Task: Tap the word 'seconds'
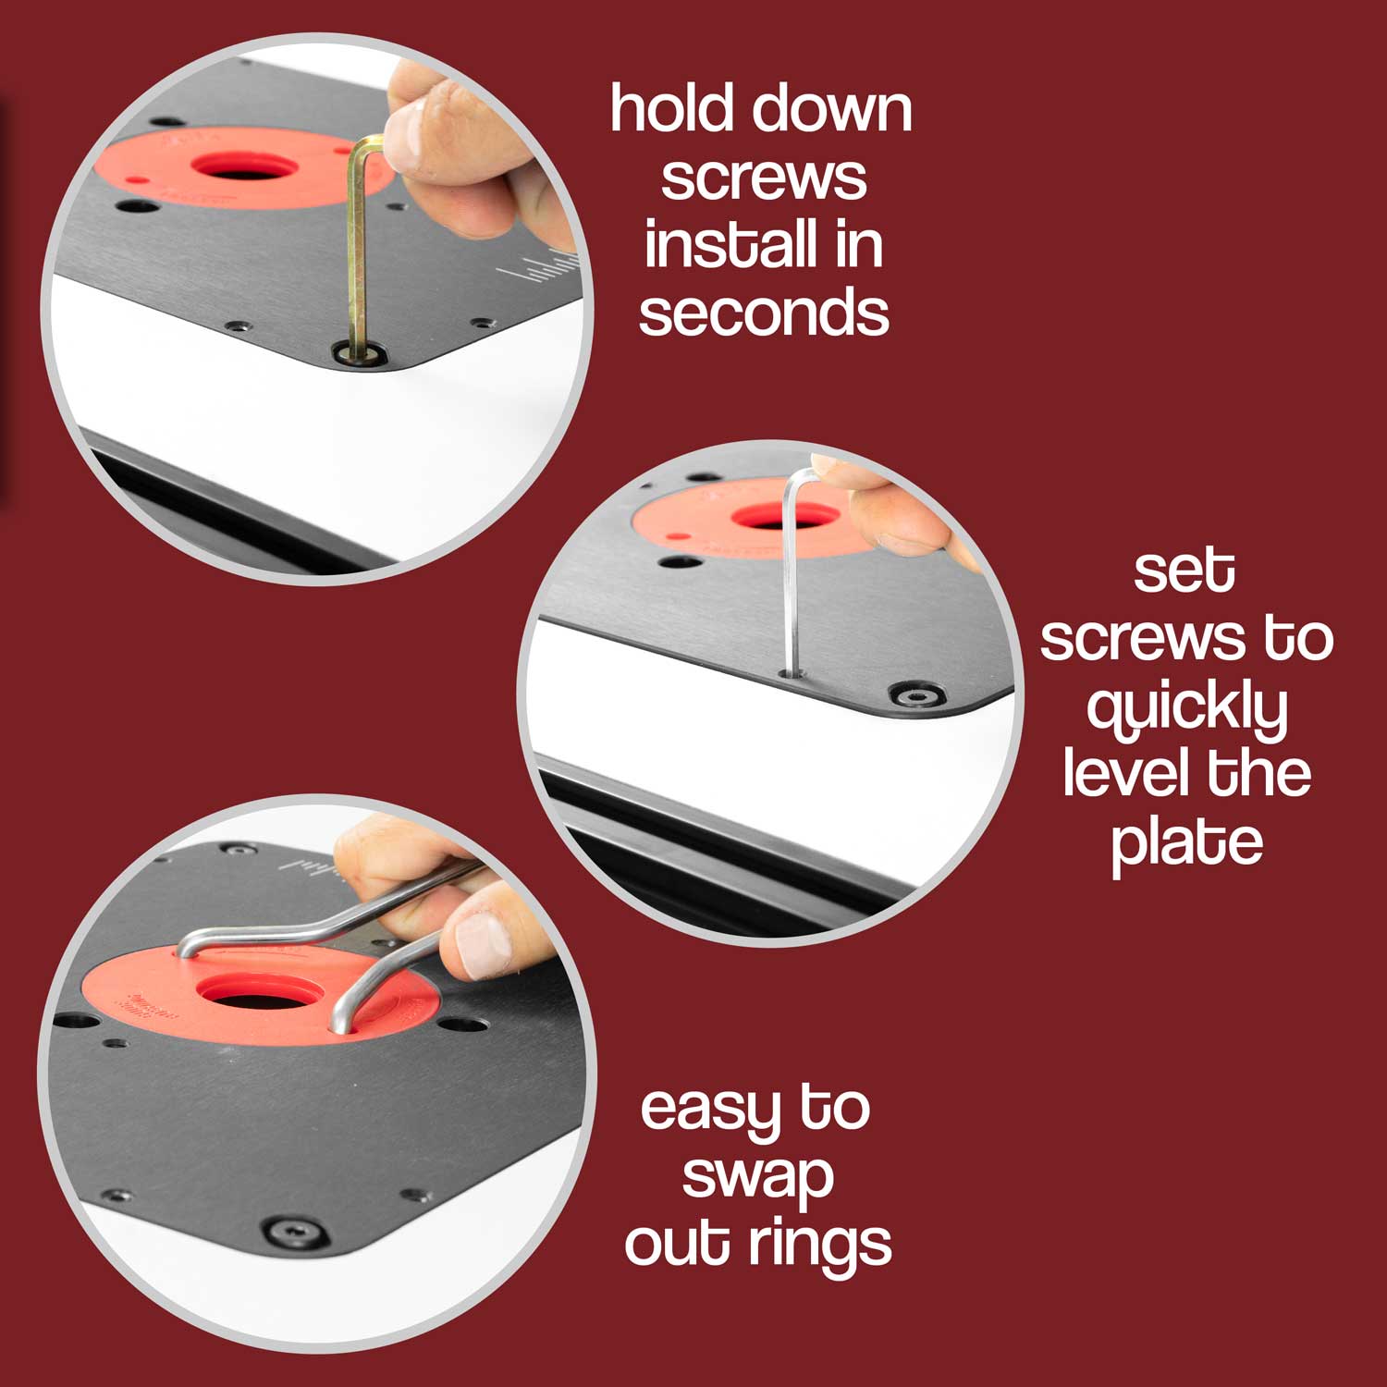[764, 313]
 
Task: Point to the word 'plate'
[1186, 843]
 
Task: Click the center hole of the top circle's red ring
[244, 167]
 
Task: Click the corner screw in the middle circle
[915, 694]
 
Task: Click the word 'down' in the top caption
[832, 108]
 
